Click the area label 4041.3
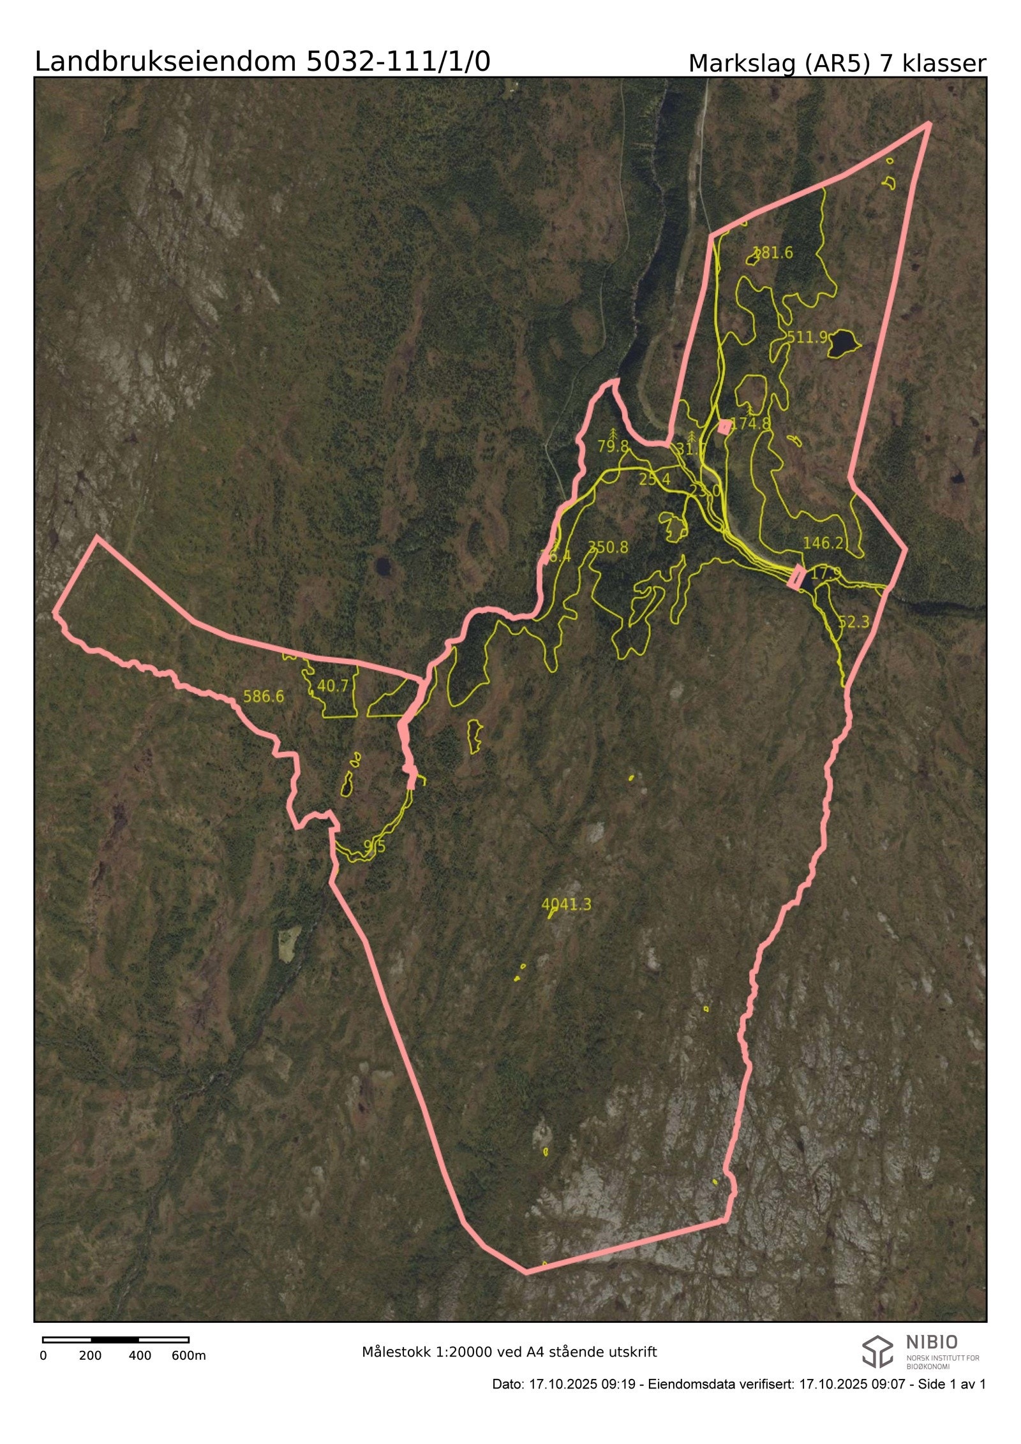tap(566, 904)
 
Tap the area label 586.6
tap(264, 696)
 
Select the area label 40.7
tap(333, 686)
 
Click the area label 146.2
tap(823, 543)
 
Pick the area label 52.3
tap(853, 622)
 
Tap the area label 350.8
tap(607, 547)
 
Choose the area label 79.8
tap(613, 446)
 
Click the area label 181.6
tap(773, 253)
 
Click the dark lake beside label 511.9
tap(843, 343)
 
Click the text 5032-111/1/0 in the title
tap(398, 62)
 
